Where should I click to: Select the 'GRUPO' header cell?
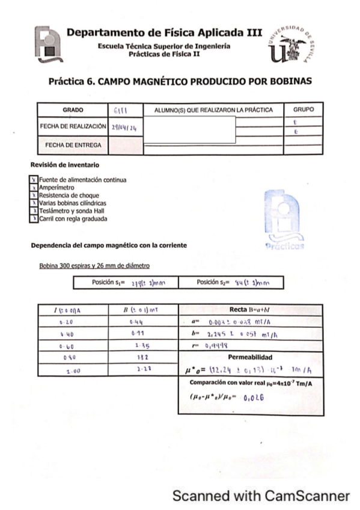pyautogui.click(x=303, y=110)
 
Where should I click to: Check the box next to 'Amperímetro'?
pyautogui.click(x=34, y=188)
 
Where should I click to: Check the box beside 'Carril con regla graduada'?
pyautogui.click(x=34, y=219)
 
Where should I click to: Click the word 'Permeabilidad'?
pyautogui.click(x=250, y=357)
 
